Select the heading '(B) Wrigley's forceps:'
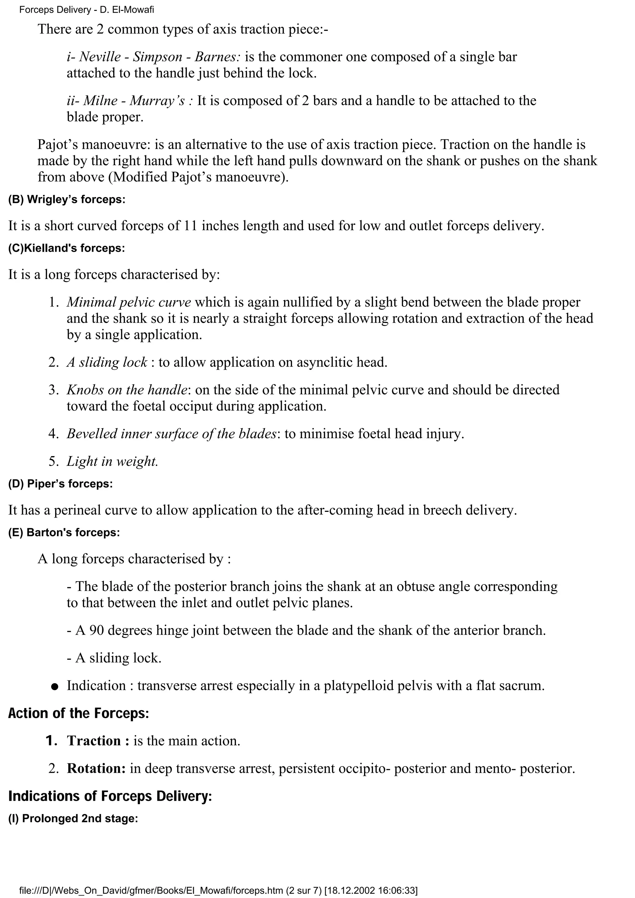tap(67, 200)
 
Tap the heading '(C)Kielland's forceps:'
tap(67, 248)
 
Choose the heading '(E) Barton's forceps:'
tap(64, 532)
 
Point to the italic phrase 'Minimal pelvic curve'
tap(129, 302)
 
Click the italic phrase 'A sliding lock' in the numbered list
tap(107, 362)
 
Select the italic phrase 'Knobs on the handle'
tap(127, 390)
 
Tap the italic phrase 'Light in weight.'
tap(112, 461)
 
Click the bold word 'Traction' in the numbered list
tap(94, 741)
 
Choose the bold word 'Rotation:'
tap(96, 768)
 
